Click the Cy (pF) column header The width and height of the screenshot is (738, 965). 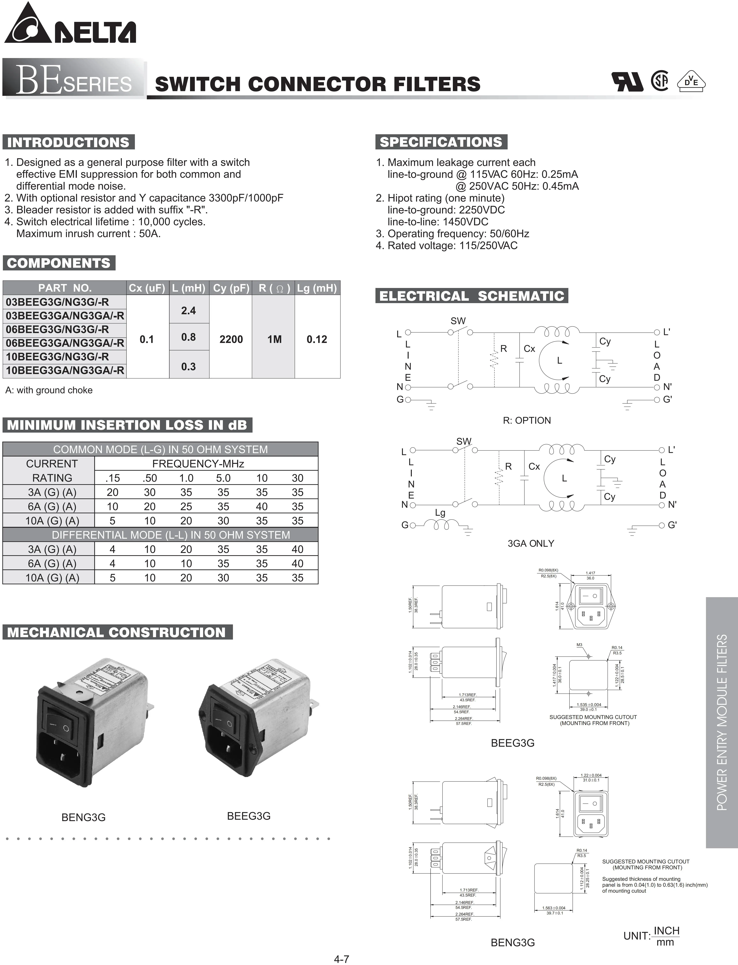[x=231, y=288]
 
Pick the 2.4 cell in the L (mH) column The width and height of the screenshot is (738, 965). [x=188, y=311]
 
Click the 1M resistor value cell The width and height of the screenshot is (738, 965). [x=274, y=339]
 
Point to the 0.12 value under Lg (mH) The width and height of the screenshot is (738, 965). [x=317, y=339]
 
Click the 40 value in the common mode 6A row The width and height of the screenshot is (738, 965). [x=262, y=506]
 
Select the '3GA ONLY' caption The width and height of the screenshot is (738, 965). [x=531, y=543]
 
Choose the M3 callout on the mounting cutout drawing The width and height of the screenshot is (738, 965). [x=579, y=645]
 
